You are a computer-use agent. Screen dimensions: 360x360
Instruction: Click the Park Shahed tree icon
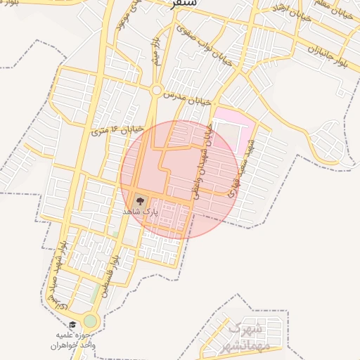(139, 200)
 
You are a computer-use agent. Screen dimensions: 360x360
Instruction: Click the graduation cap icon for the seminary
(72, 325)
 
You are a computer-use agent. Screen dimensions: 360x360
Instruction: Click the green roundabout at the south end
(90, 321)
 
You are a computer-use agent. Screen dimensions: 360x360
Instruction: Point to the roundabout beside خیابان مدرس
(155, 89)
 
